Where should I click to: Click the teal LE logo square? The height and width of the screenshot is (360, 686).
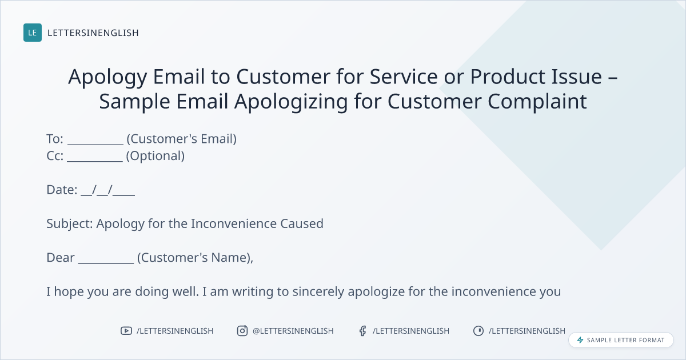click(33, 33)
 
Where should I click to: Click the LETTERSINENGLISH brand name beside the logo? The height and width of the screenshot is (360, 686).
click(93, 33)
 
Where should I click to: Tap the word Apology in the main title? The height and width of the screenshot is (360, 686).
click(107, 77)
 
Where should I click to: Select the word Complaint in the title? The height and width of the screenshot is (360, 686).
click(537, 102)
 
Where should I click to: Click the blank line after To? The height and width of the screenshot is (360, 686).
click(95, 144)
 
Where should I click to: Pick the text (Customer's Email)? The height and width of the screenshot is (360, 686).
click(182, 139)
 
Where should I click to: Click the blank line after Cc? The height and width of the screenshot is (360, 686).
click(95, 161)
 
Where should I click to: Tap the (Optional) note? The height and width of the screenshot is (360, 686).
click(155, 156)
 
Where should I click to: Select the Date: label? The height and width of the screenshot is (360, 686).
click(62, 190)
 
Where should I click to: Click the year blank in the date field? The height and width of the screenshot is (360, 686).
click(123, 195)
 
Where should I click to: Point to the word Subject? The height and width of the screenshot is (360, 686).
click(70, 224)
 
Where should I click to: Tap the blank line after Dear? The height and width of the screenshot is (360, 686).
click(106, 263)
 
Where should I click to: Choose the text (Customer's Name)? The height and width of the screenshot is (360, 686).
click(195, 258)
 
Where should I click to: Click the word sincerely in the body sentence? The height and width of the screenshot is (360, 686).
click(318, 292)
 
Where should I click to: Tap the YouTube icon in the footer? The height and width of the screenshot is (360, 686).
click(126, 331)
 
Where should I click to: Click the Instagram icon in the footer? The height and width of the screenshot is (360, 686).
click(242, 331)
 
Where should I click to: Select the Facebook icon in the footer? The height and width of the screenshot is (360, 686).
click(363, 331)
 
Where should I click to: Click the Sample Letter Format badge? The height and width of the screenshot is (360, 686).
click(621, 340)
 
